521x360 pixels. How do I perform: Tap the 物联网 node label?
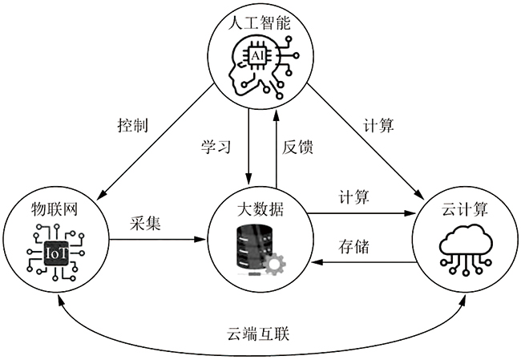[55, 210]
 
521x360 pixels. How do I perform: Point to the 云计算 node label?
[465, 210]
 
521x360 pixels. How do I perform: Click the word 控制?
[133, 126]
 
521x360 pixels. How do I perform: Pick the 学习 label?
[216, 147]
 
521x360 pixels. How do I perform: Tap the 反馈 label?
[297, 147]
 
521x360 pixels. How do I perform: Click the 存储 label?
[353, 246]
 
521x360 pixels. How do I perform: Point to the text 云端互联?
[260, 331]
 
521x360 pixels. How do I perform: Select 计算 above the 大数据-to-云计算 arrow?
[353, 197]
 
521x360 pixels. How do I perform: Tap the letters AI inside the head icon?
[257, 55]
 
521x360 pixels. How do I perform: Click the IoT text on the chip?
[56, 253]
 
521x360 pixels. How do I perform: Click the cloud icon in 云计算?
[465, 241]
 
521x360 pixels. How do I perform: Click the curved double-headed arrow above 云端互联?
[260, 311]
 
